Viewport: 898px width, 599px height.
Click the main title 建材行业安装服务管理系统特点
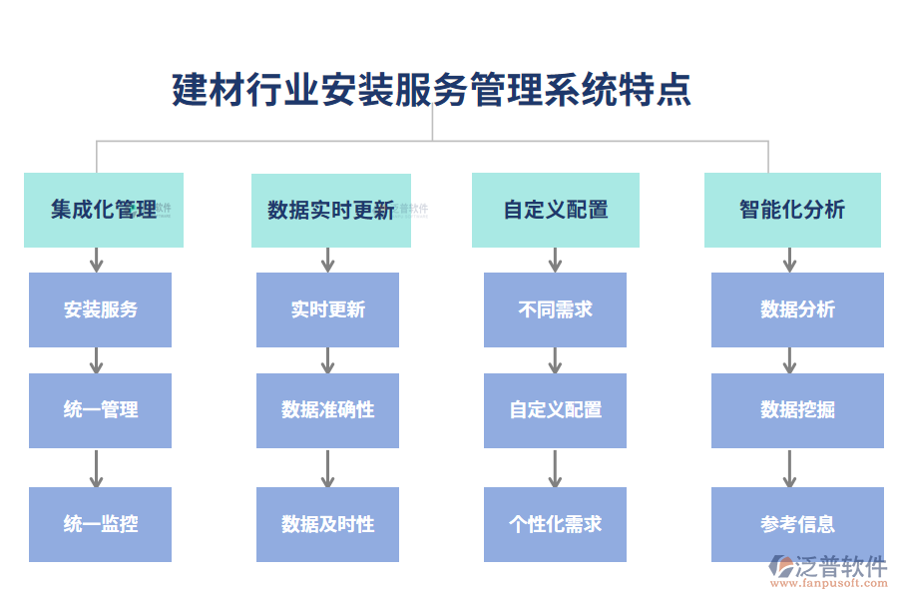pos(431,90)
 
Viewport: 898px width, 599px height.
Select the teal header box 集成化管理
pos(104,210)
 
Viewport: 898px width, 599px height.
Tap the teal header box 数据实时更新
pos(330,210)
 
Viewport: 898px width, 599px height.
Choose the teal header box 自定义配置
pos(555,210)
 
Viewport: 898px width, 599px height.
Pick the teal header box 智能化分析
pos(792,210)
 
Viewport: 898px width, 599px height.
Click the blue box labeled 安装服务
pos(100,309)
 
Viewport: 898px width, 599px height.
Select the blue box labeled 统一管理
pos(100,409)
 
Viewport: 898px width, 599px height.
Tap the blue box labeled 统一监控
pos(100,523)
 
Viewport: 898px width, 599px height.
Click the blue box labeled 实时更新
pos(327,309)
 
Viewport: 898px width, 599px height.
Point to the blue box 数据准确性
pos(327,409)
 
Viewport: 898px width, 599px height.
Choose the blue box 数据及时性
pos(327,523)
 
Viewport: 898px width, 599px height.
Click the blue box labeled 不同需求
pos(555,309)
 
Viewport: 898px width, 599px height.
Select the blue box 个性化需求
pos(555,523)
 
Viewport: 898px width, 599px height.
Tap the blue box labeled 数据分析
pos(797,309)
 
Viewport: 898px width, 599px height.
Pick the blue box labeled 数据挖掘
pos(797,409)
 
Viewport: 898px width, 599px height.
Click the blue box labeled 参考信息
pos(797,523)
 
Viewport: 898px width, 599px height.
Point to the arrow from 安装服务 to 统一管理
pos(97,360)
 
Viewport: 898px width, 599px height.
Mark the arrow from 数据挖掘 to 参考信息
pos(789,467)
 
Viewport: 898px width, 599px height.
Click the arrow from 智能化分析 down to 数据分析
pos(789,260)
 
